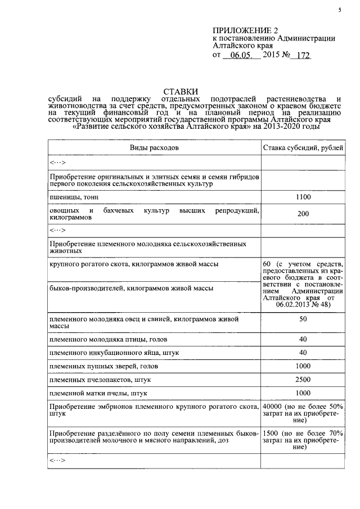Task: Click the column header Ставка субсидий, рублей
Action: click(x=303, y=148)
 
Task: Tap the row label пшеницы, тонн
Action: click(x=72, y=197)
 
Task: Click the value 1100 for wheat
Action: click(x=303, y=197)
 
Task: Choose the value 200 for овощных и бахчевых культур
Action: click(x=303, y=214)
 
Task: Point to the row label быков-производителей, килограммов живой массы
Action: click(x=131, y=288)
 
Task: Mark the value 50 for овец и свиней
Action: click(x=303, y=319)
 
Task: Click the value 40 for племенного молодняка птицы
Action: click(x=303, y=339)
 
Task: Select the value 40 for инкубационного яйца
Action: click(x=303, y=353)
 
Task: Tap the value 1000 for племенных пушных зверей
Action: click(x=303, y=366)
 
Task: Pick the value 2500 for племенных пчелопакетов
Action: click(x=303, y=380)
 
